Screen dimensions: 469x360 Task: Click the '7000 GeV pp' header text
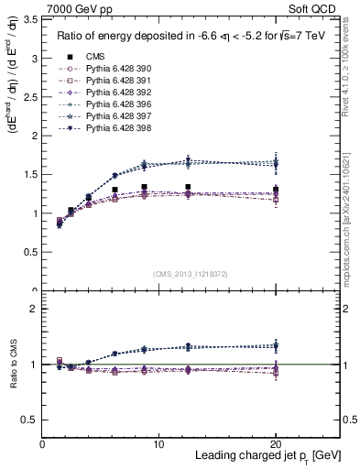pyautogui.click(x=71, y=7)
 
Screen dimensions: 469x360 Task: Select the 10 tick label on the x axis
pyautogui.click(x=158, y=443)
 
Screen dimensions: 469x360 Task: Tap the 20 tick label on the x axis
pyautogui.click(x=275, y=443)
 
